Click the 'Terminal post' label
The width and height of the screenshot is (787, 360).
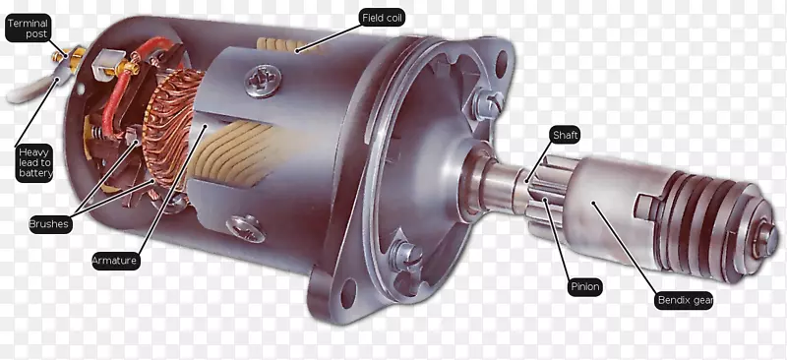(29, 29)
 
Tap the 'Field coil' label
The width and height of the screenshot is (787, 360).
(383, 18)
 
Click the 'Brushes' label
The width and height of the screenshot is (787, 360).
(50, 223)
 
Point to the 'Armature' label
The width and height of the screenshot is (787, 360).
(115, 261)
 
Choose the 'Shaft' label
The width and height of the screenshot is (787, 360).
(566, 135)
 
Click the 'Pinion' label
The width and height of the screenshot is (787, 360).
(585, 287)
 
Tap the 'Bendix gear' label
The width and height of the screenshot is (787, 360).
(684, 300)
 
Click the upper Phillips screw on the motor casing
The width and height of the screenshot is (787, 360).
(263, 81)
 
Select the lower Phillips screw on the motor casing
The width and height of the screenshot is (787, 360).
(246, 228)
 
